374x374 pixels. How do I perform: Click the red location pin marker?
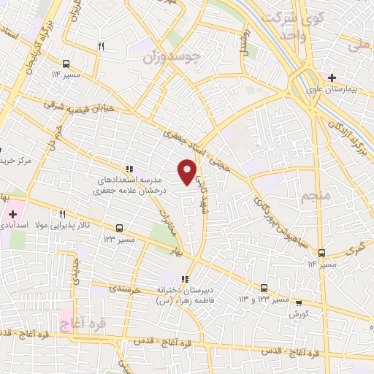click(x=187, y=172)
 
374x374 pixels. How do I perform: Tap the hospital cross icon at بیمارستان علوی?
click(x=332, y=77)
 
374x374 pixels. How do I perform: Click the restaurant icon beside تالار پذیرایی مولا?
click(x=62, y=215)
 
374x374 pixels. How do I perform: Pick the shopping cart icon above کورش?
click(x=298, y=302)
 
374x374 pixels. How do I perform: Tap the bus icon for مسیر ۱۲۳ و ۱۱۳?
click(x=264, y=288)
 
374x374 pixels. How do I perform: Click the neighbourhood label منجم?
click(x=316, y=196)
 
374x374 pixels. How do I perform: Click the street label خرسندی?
click(x=123, y=289)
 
